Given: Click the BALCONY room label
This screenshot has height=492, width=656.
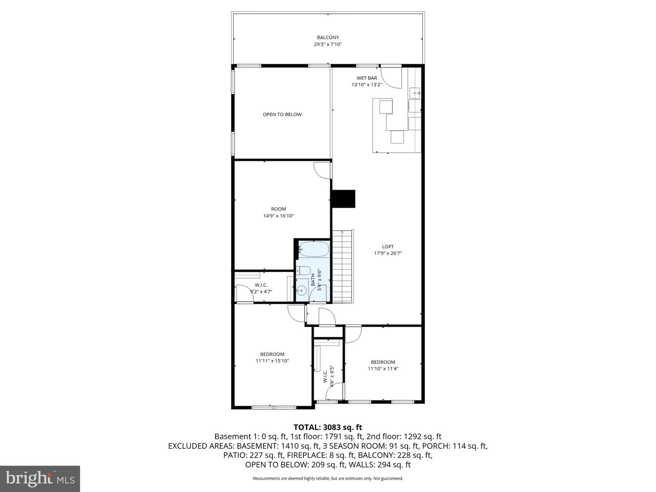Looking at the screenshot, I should point(328,37).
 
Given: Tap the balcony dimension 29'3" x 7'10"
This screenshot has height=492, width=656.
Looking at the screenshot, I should point(328,45).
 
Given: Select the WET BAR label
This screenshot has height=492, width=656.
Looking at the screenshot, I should point(366,78).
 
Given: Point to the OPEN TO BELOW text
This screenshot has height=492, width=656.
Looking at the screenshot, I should point(282,114).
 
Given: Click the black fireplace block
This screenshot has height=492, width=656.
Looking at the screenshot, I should point(343,199).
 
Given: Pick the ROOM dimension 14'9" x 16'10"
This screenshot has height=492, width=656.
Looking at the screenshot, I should point(278,216).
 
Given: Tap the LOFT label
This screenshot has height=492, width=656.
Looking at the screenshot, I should point(388,246).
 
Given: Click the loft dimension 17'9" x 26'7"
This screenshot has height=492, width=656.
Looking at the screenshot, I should point(388,253).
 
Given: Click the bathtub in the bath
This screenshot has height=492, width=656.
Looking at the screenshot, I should point(313,250).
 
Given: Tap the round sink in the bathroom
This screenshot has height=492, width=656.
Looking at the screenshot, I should point(301,289).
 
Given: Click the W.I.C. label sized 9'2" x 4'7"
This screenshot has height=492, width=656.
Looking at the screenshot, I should point(261,285).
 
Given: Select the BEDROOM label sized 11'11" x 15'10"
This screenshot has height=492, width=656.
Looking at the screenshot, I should point(272,354).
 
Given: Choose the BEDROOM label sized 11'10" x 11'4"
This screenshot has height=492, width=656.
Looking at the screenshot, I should point(383,362).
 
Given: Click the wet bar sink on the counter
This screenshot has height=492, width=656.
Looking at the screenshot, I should point(415,93).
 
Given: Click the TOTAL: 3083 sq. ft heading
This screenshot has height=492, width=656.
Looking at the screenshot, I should point(328,427).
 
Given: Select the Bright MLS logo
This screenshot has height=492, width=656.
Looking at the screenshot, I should point(40,478).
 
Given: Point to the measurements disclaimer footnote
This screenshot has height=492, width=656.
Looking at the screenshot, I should point(328,478).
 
